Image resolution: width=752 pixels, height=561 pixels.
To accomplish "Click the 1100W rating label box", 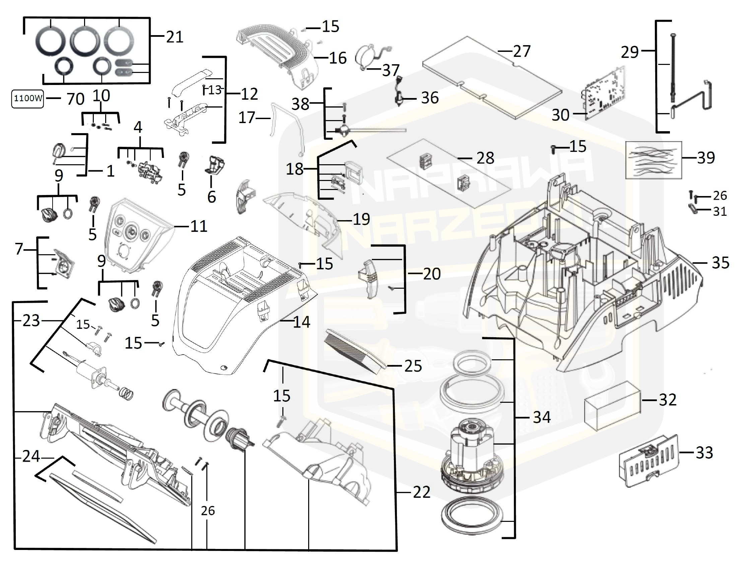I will click(27, 98).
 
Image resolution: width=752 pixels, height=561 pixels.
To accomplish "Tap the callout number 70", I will click(75, 99).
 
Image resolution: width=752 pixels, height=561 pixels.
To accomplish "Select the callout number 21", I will click(175, 37).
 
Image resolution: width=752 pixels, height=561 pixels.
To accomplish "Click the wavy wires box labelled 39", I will click(654, 160).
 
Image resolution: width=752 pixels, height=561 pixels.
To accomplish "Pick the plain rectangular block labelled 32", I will click(612, 405).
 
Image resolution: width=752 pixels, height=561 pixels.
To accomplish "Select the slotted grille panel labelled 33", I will click(648, 462).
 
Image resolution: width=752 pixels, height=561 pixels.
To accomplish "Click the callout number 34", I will click(542, 417).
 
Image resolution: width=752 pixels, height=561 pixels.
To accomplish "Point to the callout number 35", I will click(721, 263).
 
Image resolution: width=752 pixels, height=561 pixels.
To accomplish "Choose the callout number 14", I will click(301, 322).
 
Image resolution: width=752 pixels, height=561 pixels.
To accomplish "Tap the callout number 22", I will click(421, 492).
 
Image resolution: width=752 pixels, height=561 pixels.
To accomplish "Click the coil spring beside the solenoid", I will click(127, 394).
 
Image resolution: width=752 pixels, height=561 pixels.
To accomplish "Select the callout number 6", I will click(211, 197).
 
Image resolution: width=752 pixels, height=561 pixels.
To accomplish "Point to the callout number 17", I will click(247, 118).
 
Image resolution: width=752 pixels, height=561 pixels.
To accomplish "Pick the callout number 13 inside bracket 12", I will click(214, 90).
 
